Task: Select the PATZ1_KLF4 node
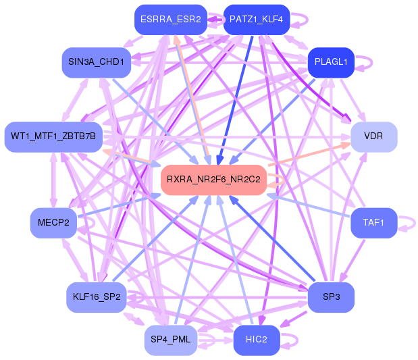[257, 20]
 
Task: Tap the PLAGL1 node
[331, 62]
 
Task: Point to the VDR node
[373, 136]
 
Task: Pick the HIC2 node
[256, 340]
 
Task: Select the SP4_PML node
[171, 340]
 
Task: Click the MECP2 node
[54, 223]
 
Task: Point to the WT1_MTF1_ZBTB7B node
[54, 136]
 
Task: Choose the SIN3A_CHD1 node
[96, 62]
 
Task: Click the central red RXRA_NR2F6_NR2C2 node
[213, 180]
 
